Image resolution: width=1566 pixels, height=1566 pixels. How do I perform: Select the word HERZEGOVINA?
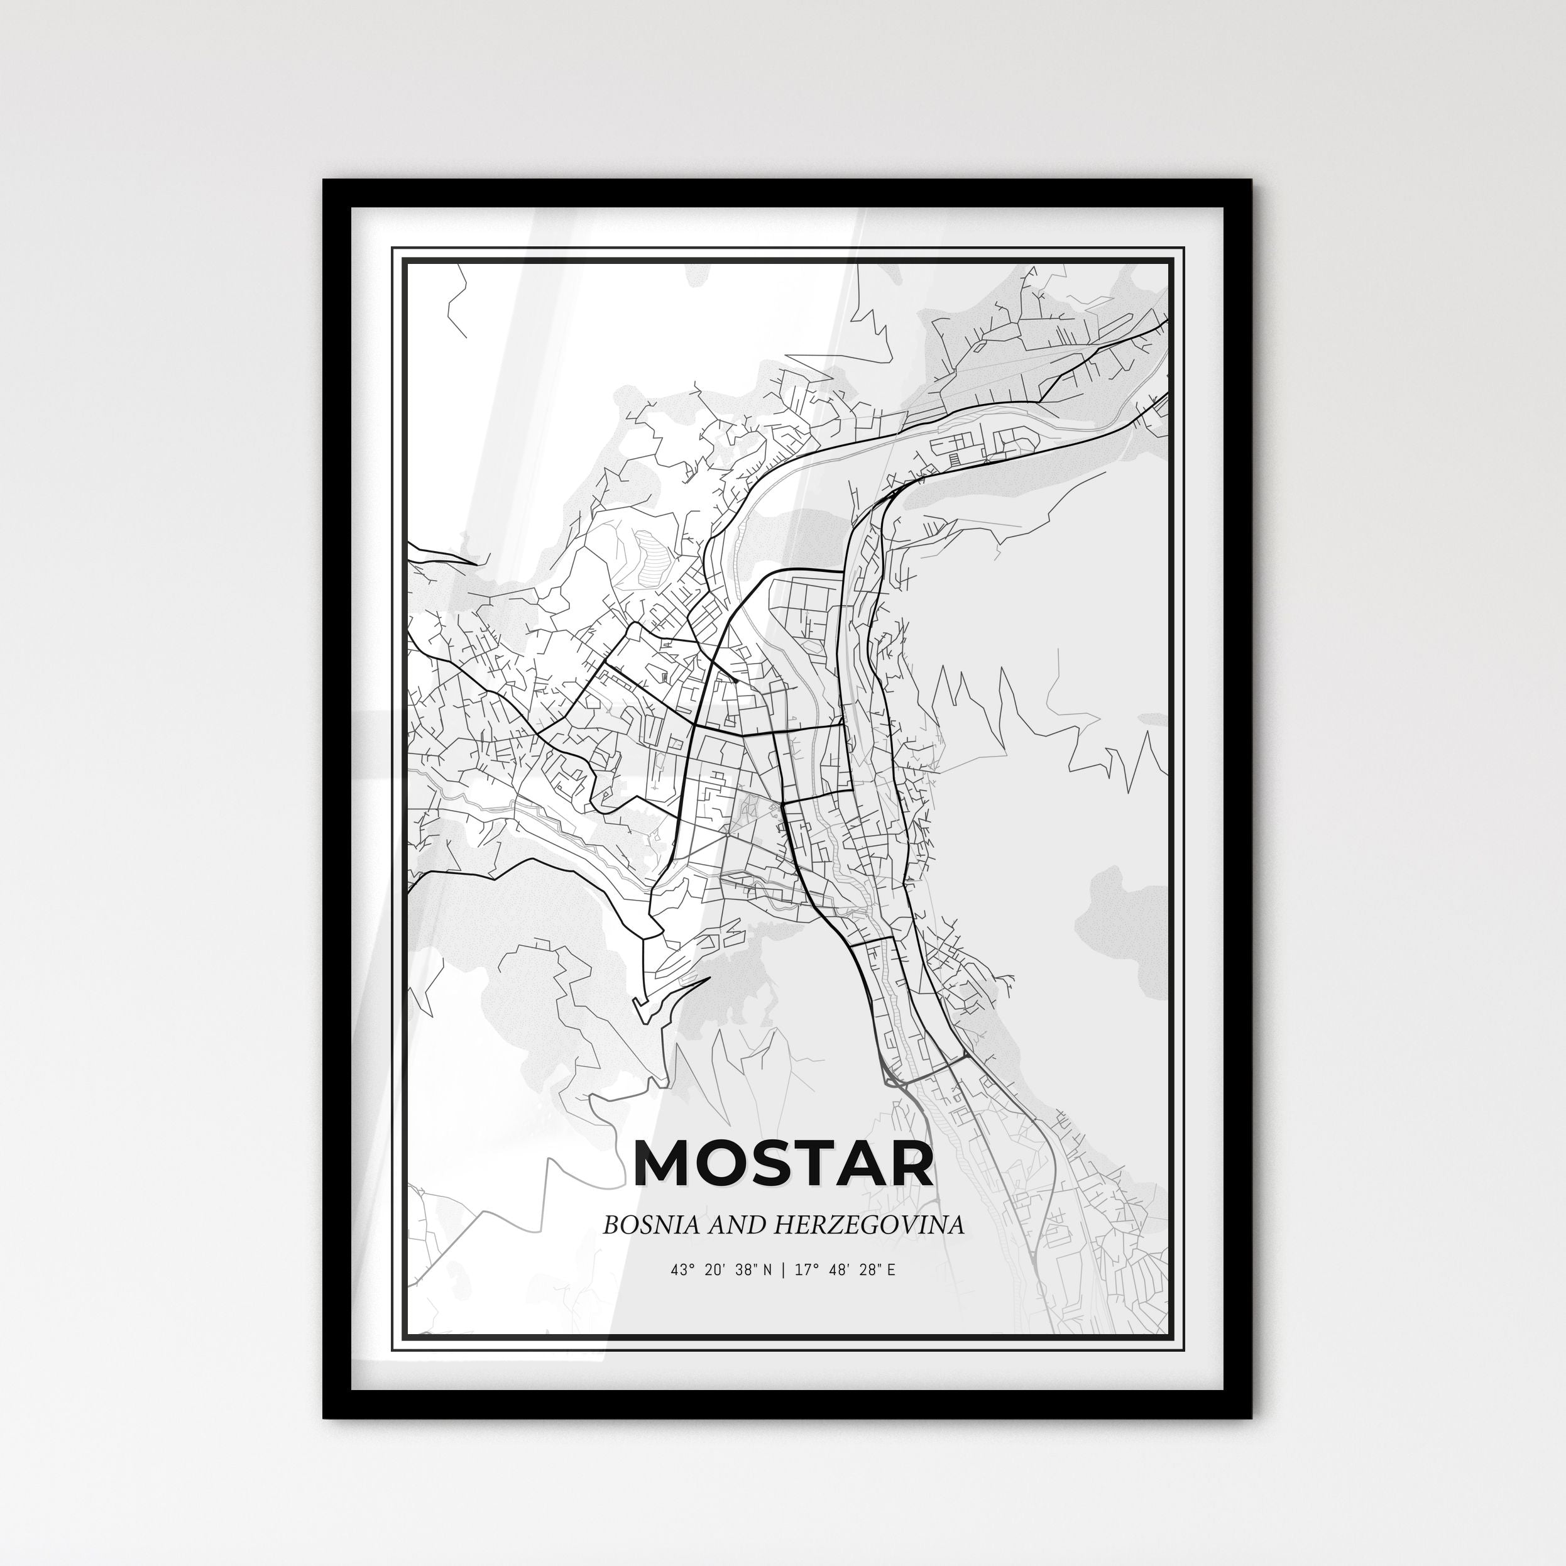[869, 1224]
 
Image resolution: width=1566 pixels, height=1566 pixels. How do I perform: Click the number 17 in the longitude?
[802, 1270]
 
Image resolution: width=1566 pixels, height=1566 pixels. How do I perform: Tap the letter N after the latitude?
[767, 1270]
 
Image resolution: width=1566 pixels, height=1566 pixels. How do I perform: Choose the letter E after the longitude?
[891, 1270]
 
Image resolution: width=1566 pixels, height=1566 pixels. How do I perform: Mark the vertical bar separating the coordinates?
[783, 1270]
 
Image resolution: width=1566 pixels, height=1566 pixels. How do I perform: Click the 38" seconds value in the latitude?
[745, 1270]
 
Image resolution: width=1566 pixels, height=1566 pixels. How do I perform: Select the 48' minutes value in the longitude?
[836, 1270]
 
